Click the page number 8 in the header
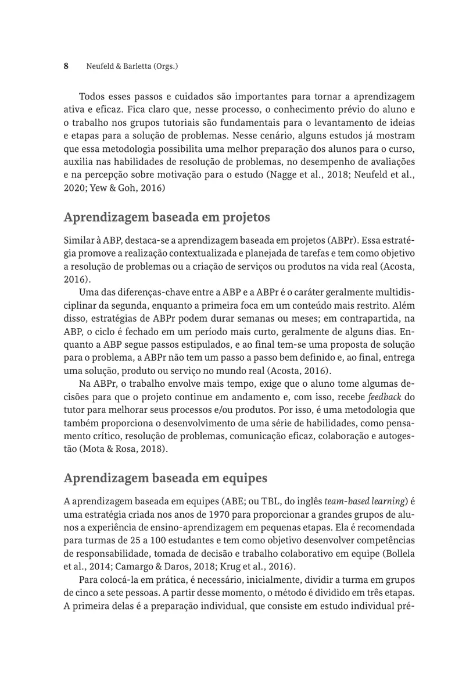click(66, 66)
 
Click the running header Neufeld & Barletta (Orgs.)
click(128, 67)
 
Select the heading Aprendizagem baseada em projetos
click(167, 218)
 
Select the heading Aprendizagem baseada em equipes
click(166, 478)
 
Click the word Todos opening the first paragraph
click(90, 95)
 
